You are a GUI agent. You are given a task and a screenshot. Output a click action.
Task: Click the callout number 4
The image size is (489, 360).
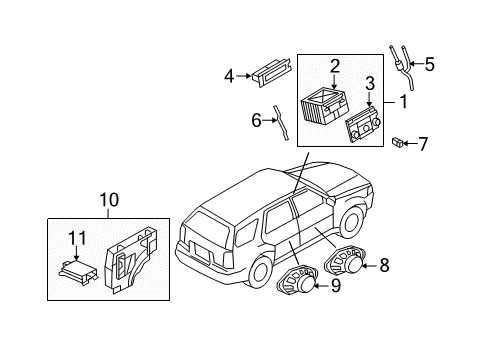(229, 76)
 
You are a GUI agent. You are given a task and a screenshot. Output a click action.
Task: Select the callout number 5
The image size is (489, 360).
(430, 64)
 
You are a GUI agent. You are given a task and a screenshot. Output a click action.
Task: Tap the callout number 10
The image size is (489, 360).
(109, 200)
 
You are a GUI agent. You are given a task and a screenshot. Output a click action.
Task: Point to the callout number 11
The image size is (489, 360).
(77, 238)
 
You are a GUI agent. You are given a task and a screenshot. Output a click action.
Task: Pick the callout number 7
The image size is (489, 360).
(423, 144)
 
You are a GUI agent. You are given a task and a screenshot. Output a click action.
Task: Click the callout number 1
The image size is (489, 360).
(403, 101)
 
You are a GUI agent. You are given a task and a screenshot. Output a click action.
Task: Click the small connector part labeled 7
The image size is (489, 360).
(397, 142)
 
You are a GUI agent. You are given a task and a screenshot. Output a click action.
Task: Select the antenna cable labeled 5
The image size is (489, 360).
(403, 68)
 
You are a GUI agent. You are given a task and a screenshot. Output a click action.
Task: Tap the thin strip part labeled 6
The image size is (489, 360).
(281, 123)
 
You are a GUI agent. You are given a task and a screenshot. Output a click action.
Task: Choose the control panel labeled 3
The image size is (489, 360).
(363, 124)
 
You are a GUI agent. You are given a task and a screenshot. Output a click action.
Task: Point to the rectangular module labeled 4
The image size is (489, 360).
(272, 74)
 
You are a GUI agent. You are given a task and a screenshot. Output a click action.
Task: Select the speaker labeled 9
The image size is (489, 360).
(297, 281)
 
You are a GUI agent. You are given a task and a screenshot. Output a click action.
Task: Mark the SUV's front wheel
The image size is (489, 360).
(352, 221)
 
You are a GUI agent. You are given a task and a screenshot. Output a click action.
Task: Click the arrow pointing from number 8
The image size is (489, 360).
(369, 266)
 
